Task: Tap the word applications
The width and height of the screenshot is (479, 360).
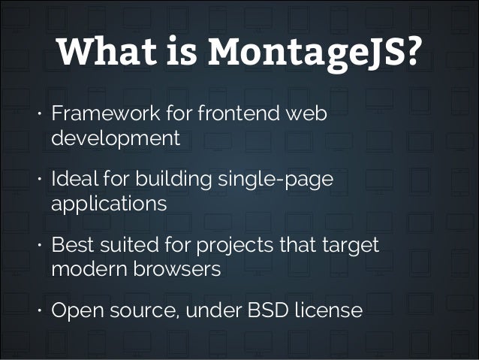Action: coord(109,204)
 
